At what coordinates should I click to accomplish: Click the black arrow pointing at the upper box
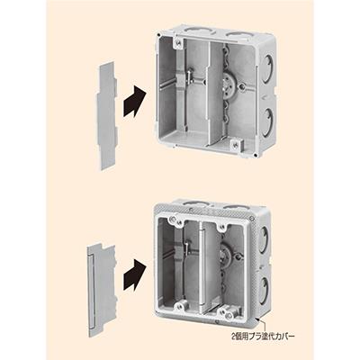(x=134, y=102)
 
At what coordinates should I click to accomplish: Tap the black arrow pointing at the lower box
(x=134, y=274)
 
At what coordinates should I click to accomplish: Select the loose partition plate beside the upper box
(x=106, y=116)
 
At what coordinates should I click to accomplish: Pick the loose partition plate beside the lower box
(x=101, y=291)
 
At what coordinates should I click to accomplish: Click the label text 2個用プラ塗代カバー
(x=263, y=336)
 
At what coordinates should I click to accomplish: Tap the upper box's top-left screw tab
(x=178, y=43)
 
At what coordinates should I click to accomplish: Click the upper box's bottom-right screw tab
(x=237, y=144)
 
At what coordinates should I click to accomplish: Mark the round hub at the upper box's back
(x=229, y=85)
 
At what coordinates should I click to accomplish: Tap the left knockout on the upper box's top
(x=196, y=31)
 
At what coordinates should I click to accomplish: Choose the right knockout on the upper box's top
(x=238, y=35)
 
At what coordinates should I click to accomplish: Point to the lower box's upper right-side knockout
(x=263, y=240)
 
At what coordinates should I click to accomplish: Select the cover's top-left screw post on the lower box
(x=172, y=220)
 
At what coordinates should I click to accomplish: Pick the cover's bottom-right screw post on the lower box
(x=229, y=316)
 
